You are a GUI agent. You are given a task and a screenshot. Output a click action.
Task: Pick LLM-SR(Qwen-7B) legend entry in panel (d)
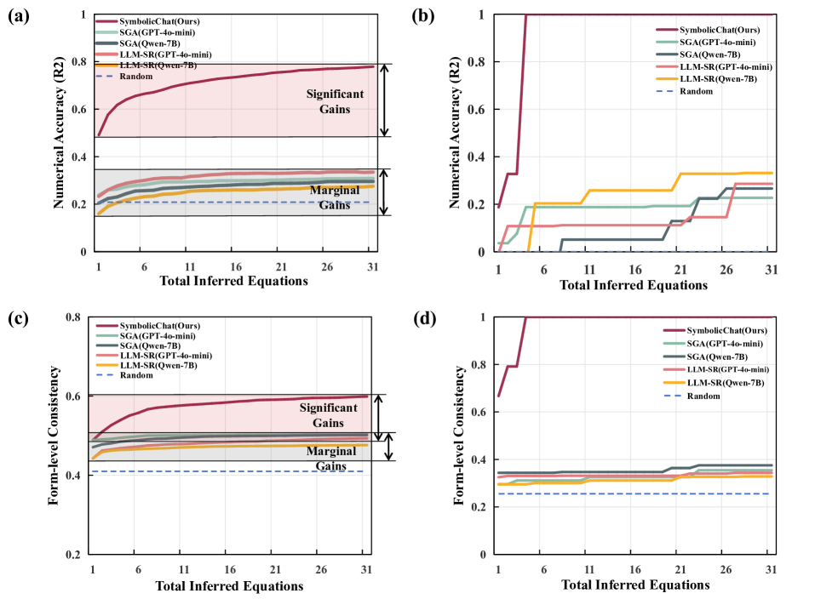(x=709, y=383)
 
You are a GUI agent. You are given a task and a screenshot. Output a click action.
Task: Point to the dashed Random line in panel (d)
(x=639, y=493)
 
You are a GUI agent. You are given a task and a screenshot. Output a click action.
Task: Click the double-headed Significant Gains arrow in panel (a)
(x=385, y=100)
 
